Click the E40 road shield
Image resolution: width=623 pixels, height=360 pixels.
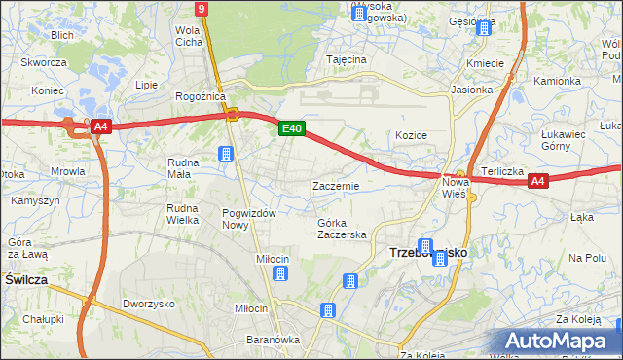coord(291,127)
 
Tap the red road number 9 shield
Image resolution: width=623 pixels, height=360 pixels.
coord(201,9)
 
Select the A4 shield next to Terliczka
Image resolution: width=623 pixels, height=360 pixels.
coord(538,180)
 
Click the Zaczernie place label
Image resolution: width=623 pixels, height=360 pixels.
coord(336,185)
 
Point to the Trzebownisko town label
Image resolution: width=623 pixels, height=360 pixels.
coord(428,251)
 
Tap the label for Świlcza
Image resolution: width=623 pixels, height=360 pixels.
coord(26,278)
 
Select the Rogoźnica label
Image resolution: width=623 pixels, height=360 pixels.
coord(201,96)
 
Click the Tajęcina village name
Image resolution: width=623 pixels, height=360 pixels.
coord(347,59)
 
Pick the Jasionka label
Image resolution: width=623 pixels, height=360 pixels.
coord(472,89)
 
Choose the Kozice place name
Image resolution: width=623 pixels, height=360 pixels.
coord(412,135)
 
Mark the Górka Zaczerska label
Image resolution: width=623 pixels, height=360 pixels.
coord(341,229)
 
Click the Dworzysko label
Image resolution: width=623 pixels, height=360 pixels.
coord(148,303)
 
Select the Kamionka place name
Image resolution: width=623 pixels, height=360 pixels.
coord(556,81)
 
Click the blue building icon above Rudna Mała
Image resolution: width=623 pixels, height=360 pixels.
coord(226,154)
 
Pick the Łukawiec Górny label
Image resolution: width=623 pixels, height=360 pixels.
coord(568,140)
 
